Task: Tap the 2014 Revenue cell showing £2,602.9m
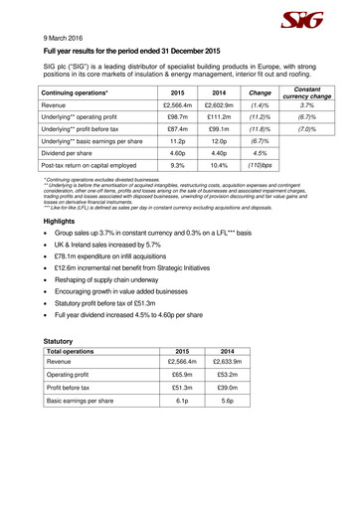point(218,104)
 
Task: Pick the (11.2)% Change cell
point(260,118)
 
